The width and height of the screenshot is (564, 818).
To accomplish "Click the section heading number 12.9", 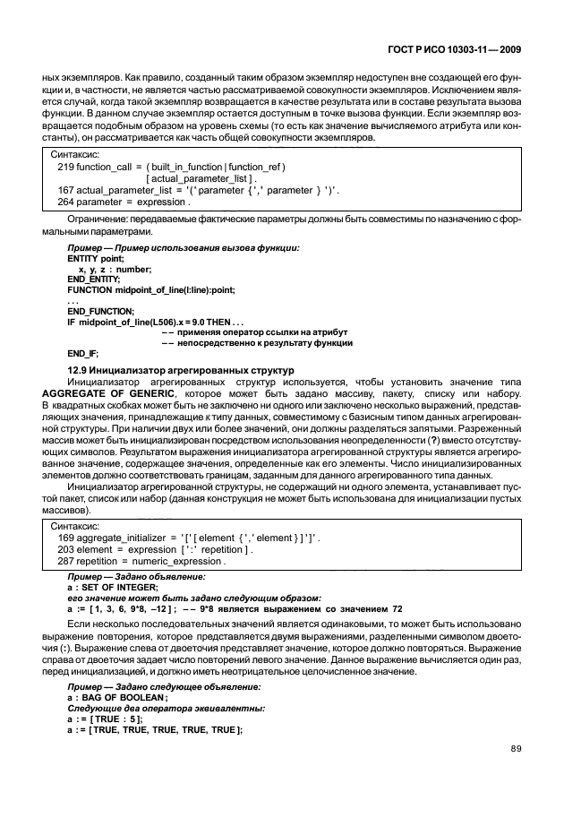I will (x=79, y=370).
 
